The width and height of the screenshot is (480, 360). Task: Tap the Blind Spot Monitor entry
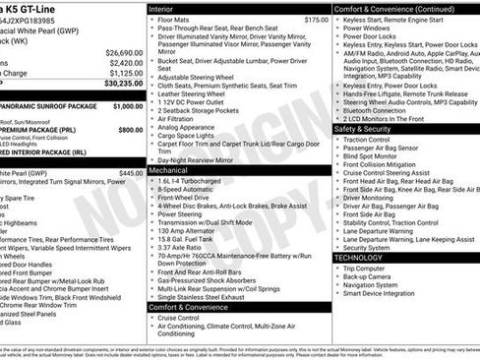[x=373, y=154]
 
